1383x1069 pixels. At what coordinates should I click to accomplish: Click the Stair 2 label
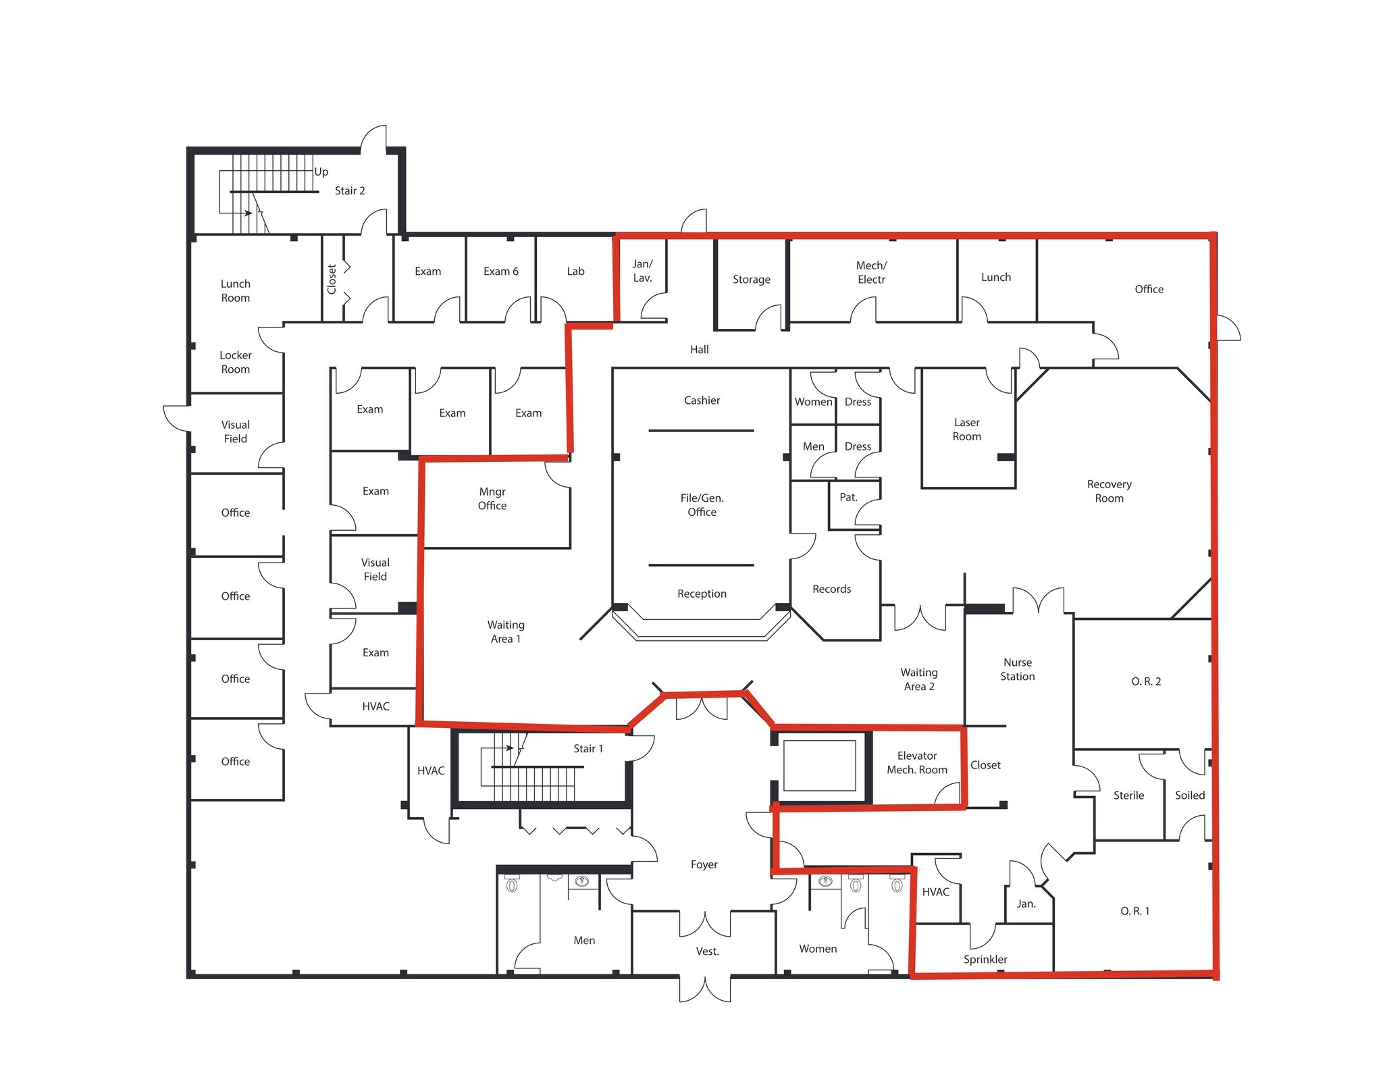point(350,191)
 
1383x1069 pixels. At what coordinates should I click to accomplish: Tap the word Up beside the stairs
point(321,172)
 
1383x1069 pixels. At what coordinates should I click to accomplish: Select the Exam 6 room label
point(500,271)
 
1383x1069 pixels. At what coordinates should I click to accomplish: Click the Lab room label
point(575,271)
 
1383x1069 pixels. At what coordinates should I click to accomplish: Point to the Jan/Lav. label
point(642,271)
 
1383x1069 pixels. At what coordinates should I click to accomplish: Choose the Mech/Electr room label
point(871,273)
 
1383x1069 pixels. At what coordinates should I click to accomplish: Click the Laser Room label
point(966,429)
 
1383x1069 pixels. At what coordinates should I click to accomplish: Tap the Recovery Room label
point(1109,492)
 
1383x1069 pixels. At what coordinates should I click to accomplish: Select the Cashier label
point(702,400)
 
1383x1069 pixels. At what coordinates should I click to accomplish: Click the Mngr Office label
point(492,499)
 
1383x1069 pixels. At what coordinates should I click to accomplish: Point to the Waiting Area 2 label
point(918,679)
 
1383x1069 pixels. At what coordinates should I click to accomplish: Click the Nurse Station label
point(1017,669)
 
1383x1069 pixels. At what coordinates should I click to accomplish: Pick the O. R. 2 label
point(1146,681)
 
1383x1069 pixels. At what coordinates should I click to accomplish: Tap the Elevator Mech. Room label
point(916,763)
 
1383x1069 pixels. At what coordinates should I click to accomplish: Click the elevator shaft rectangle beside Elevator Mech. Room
point(819,765)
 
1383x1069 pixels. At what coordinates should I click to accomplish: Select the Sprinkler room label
point(985,960)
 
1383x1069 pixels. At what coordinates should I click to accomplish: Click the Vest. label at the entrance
point(707,951)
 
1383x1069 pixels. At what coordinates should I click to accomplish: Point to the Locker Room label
point(235,363)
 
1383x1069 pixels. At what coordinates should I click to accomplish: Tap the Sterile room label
point(1128,796)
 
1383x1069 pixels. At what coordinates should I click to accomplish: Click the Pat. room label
point(848,498)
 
